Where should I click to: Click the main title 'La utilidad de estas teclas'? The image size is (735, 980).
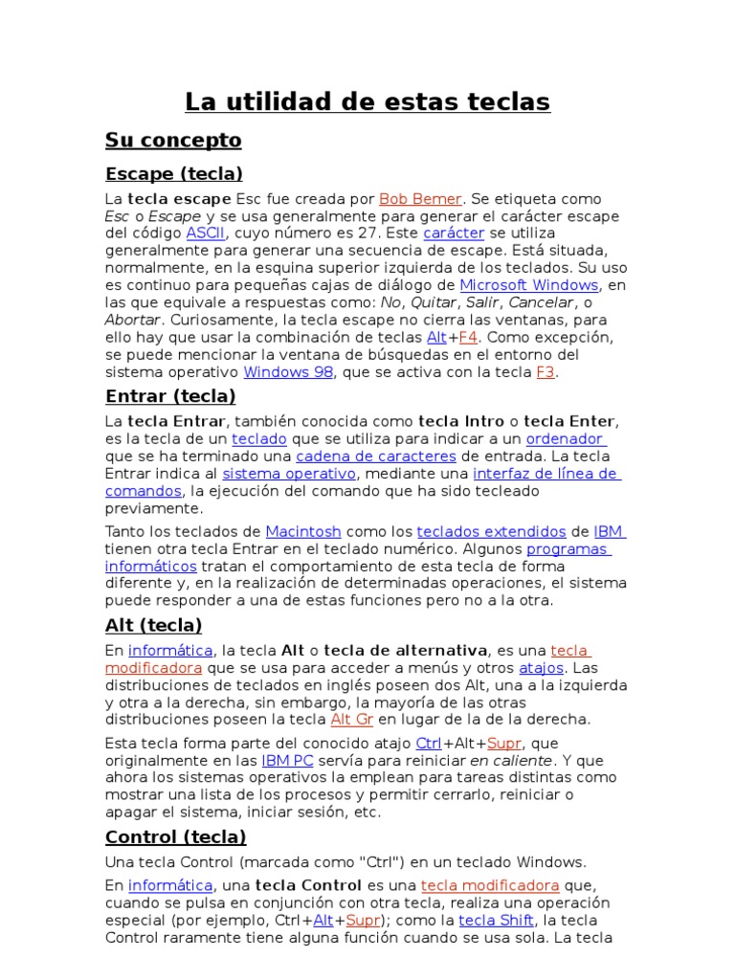pos(367,101)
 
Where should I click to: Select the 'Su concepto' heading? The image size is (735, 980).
pos(173,141)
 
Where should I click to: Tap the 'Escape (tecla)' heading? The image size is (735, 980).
pos(173,174)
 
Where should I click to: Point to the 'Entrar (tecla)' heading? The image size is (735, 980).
pos(170,396)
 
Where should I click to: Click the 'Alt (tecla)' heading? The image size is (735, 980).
pos(153,626)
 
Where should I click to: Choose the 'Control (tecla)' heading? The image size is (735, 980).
pos(175,837)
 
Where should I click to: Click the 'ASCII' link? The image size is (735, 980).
pos(204,234)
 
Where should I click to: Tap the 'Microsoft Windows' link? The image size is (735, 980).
pos(529,285)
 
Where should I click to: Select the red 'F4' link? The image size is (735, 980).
pos(468,337)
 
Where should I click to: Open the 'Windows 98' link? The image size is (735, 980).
pos(288,371)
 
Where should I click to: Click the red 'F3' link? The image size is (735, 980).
pos(546,371)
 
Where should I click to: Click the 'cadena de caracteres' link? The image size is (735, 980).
pos(375,457)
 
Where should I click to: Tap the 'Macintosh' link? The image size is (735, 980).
pos(302,531)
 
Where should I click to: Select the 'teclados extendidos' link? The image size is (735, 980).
pos(491,531)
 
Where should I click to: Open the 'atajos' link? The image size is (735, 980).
pos(542,668)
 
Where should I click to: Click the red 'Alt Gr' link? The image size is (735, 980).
pos(351,720)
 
